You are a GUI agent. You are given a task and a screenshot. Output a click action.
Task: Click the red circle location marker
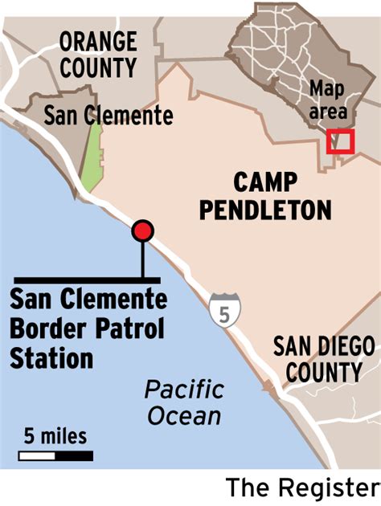pos(143,231)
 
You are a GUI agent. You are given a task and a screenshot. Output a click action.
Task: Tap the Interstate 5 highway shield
pos(222,310)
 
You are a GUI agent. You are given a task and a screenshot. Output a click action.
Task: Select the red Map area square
pos(341,141)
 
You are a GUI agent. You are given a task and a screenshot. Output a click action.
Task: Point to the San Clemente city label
pos(109,116)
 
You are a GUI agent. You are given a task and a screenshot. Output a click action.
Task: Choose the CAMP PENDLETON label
pos(265,195)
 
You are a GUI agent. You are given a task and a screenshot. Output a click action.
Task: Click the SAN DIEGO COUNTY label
pos(323,360)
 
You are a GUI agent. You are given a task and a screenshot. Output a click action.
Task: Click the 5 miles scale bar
pos(55,456)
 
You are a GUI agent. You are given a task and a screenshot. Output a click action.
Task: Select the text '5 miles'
pos(55,437)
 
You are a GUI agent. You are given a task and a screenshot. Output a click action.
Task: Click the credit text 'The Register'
pos(301,488)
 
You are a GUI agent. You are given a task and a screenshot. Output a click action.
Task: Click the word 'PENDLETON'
pos(265,210)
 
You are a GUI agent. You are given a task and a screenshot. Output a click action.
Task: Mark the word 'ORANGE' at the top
pos(98,40)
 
